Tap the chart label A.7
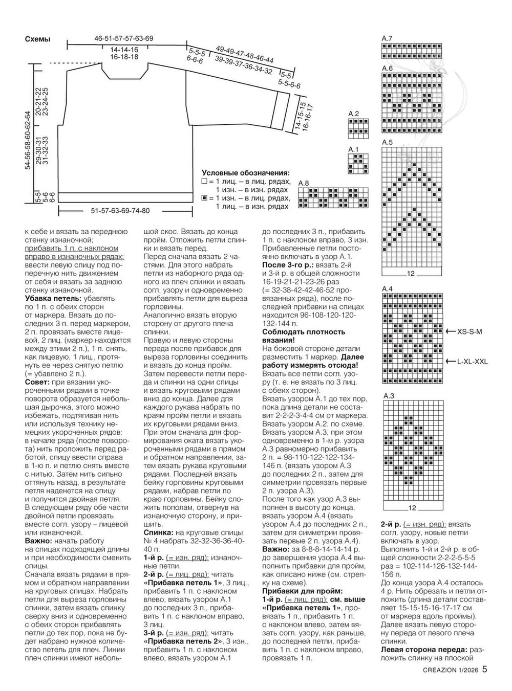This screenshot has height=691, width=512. [x=387, y=39]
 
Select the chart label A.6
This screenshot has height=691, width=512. [x=387, y=69]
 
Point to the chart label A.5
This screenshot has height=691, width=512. [x=387, y=143]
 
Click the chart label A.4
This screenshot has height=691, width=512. [x=387, y=289]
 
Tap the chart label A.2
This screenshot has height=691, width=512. [x=353, y=114]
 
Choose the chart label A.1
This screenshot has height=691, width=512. [x=353, y=149]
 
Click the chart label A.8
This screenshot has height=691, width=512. [x=303, y=183]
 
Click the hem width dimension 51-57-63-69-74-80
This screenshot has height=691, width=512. [x=120, y=211]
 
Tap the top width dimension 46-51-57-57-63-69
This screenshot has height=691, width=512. [x=124, y=38]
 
